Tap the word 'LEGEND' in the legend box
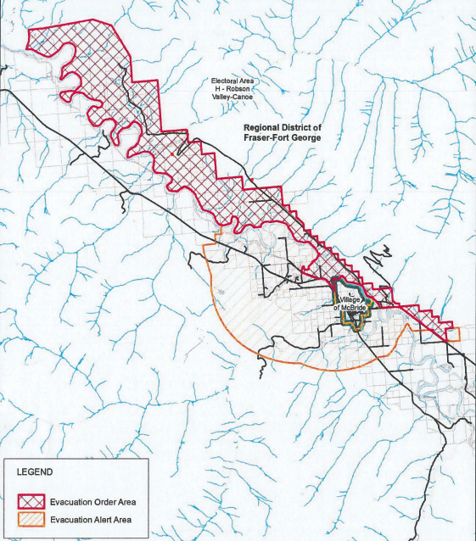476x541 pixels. (34, 471)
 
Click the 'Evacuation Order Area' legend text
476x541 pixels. (92, 501)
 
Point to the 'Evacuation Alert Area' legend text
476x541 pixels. (92, 520)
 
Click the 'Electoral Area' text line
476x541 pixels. (233, 81)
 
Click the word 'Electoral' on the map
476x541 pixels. (226, 81)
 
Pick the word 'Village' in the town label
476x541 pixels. (352, 300)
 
